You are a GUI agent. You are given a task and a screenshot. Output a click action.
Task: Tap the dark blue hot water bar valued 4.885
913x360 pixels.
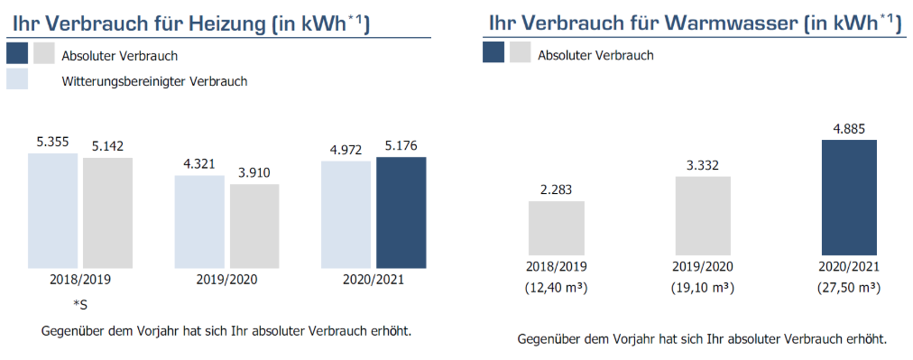849,197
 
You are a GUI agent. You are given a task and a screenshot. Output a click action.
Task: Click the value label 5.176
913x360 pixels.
401,145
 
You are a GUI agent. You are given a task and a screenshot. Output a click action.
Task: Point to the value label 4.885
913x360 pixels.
849,129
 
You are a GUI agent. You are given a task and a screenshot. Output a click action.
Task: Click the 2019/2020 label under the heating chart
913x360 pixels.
226,280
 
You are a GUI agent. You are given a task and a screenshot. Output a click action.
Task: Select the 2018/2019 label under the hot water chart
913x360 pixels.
557,267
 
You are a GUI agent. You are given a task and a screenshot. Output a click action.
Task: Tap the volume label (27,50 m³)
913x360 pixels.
849,287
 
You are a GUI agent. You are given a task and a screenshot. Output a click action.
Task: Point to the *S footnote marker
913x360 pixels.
79,305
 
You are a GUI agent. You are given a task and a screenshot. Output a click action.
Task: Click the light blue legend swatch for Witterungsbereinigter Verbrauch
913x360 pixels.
17,79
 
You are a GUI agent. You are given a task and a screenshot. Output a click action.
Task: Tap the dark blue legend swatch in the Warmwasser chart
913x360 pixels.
493,53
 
